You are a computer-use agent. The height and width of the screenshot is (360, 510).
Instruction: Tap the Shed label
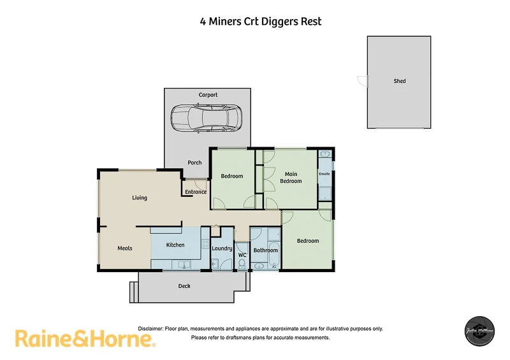tap(400, 81)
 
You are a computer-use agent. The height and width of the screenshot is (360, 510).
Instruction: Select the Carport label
tap(208, 95)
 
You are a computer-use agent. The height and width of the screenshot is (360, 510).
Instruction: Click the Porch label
tap(194, 162)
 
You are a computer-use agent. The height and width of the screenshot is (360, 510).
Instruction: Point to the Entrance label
tap(196, 192)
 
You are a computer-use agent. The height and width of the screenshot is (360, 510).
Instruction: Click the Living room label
tap(140, 198)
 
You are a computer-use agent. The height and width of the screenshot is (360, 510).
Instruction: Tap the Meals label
tap(125, 248)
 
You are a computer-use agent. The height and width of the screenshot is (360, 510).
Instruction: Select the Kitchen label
tap(175, 245)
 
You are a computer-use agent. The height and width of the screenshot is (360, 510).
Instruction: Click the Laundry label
tap(222, 248)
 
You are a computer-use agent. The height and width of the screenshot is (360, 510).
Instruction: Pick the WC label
tap(242, 256)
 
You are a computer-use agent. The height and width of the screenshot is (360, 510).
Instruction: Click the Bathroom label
tap(266, 250)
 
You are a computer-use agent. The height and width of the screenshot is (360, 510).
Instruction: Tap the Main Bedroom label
tap(291, 177)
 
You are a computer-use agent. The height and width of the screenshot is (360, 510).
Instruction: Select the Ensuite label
tap(324, 173)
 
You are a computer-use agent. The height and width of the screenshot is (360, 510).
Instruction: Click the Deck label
tap(184, 286)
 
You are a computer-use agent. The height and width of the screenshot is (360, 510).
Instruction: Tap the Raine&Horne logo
tap(85, 338)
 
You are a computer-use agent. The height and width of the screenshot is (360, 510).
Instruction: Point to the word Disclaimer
tap(150, 329)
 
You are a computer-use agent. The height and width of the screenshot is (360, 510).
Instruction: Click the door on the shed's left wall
tap(362, 81)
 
